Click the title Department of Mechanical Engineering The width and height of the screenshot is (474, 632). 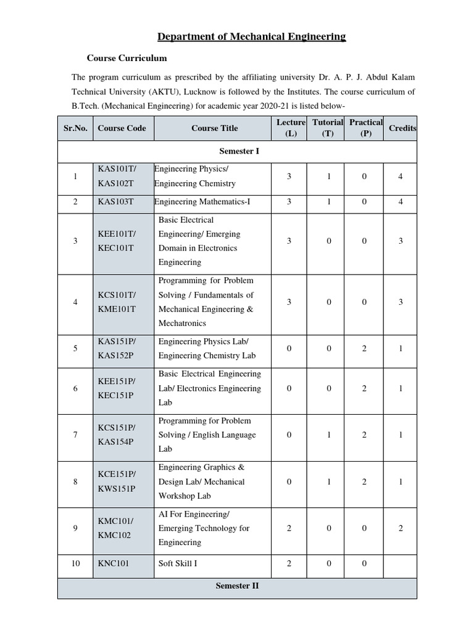252,37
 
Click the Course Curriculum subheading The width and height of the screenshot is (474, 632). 127,59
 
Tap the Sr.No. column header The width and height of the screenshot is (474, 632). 75,128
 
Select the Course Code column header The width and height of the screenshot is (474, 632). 122,128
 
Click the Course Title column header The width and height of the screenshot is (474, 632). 214,128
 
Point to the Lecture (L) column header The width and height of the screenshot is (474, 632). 291,128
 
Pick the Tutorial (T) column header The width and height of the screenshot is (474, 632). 328,128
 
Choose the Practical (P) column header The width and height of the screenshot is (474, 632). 365,128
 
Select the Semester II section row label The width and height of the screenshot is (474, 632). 237,586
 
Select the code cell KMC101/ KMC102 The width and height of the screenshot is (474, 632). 115,528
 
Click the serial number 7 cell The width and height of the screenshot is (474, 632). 75,435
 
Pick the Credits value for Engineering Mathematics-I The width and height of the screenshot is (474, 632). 401,202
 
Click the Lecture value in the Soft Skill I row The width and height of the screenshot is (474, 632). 289,563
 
